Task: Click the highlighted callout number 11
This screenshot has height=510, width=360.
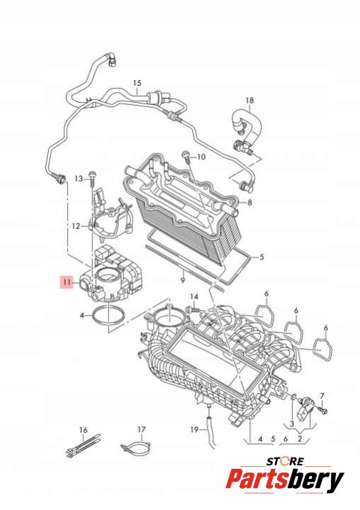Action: [67, 282]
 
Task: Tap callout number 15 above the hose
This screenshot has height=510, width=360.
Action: [137, 83]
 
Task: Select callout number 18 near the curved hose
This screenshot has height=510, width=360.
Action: [249, 101]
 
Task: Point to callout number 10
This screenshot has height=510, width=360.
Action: [201, 157]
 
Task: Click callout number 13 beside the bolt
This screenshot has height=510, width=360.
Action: [79, 179]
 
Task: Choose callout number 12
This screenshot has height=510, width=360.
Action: [76, 226]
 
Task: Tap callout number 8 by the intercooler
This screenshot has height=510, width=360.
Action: [249, 202]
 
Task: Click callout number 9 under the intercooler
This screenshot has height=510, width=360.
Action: [183, 280]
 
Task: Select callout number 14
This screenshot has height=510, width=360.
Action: [194, 296]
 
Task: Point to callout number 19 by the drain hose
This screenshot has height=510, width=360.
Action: [194, 430]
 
